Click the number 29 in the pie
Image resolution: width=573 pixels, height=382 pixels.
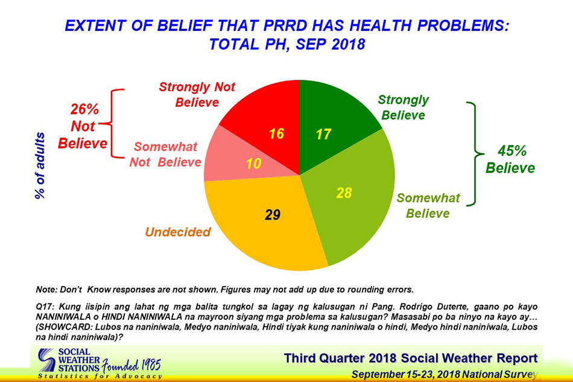click(273, 215)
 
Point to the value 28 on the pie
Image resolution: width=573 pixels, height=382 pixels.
click(344, 193)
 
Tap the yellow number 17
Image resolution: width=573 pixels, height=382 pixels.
click(323, 134)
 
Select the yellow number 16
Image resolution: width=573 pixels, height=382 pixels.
click(276, 133)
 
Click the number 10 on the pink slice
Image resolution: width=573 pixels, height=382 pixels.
click(253, 164)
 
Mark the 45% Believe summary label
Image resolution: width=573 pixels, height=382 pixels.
click(510, 159)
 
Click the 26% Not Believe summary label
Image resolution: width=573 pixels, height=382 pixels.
click(83, 126)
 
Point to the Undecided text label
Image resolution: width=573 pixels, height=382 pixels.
click(178, 232)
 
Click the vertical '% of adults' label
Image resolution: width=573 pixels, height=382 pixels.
click(40, 165)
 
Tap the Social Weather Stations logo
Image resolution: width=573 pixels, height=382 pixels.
click(99, 364)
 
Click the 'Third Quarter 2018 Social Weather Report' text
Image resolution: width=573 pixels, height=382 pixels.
click(411, 358)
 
